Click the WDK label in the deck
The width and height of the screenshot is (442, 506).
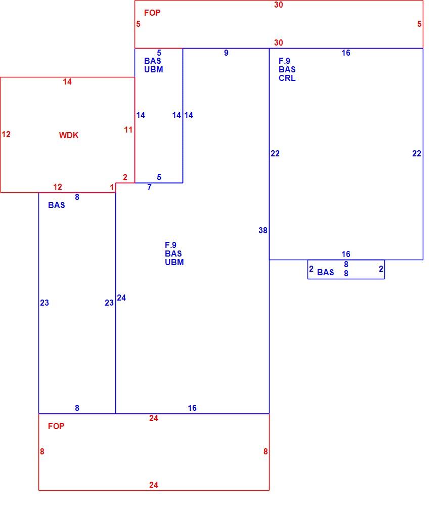pyautogui.click(x=69, y=135)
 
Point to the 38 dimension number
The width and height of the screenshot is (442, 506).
pyautogui.click(x=263, y=230)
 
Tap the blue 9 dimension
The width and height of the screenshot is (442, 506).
pyautogui.click(x=226, y=53)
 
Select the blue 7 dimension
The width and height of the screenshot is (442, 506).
pyautogui.click(x=149, y=188)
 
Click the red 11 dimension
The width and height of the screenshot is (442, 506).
pyautogui.click(x=128, y=130)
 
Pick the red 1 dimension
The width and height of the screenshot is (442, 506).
pyautogui.click(x=112, y=188)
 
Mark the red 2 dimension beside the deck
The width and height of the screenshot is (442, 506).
pyautogui.click(x=125, y=177)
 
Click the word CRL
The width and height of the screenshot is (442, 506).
pyautogui.click(x=287, y=78)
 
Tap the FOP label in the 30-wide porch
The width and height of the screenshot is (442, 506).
pyautogui.click(x=152, y=13)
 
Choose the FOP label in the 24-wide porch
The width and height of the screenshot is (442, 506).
pyautogui.click(x=56, y=426)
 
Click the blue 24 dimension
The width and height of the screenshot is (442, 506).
pyautogui.click(x=121, y=298)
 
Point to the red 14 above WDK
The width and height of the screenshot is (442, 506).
pyautogui.click(x=67, y=81)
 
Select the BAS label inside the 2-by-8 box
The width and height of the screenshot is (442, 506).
pyautogui.click(x=326, y=273)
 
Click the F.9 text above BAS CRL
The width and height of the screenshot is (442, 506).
pyautogui.click(x=285, y=61)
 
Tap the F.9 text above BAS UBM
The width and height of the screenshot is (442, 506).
pyautogui.click(x=170, y=245)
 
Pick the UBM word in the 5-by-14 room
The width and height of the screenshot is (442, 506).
pyautogui.click(x=154, y=69)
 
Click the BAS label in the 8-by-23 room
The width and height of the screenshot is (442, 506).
pyautogui.click(x=57, y=205)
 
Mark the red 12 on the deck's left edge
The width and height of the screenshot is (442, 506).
pyautogui.click(x=6, y=134)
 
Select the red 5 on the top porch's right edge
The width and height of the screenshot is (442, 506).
pyautogui.click(x=419, y=24)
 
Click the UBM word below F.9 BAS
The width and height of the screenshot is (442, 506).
pyautogui.click(x=174, y=262)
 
